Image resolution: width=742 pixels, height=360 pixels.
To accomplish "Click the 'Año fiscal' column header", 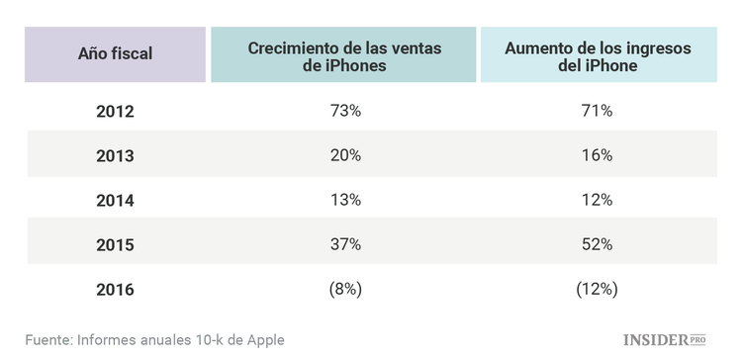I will point(115,54).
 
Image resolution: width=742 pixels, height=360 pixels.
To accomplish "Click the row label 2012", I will point(115,111).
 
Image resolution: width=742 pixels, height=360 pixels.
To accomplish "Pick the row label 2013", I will point(115,155).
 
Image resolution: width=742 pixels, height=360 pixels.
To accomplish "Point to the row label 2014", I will point(115,200).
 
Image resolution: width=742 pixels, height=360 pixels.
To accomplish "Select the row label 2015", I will point(115,244).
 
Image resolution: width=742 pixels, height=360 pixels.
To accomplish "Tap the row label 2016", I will point(115,289).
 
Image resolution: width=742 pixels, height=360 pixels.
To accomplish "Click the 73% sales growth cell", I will point(345,111).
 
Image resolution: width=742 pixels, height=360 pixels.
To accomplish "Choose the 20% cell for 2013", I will point(345,155).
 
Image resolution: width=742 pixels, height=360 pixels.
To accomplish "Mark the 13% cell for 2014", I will point(345,200).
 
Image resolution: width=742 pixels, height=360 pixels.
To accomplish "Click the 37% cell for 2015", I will point(345,244).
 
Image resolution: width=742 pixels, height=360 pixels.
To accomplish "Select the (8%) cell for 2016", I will point(345,289).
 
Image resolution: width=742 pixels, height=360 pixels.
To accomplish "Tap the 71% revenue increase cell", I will point(598,111).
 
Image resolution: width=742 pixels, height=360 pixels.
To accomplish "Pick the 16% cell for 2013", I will point(598,155).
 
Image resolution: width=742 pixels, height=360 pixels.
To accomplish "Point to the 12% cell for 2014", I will point(598,200).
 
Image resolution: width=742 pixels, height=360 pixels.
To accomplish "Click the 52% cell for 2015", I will point(598,244).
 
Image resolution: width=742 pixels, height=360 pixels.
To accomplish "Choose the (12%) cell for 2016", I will point(598,289).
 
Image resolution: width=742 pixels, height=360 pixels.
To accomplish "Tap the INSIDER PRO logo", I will point(666,340).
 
